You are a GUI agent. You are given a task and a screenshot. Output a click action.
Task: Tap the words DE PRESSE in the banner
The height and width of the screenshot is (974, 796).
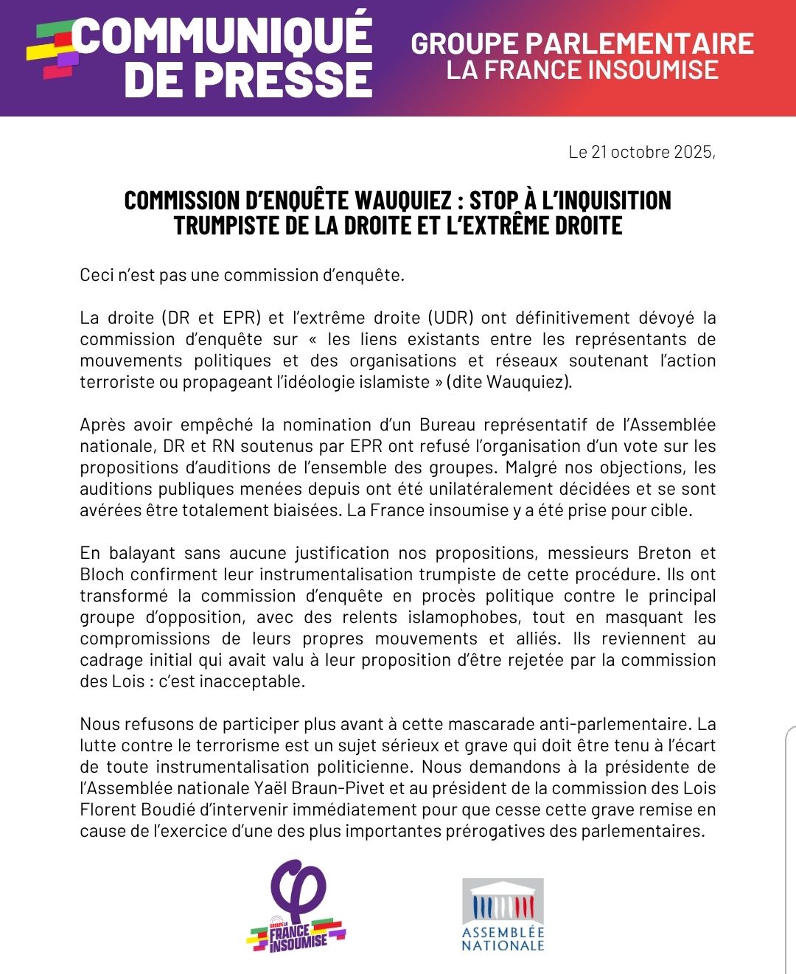click(x=248, y=80)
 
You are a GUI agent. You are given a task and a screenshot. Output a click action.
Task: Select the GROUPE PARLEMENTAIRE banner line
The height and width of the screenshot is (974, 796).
click(x=582, y=44)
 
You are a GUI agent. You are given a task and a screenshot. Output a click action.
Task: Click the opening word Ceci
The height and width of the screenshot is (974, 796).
click(x=97, y=276)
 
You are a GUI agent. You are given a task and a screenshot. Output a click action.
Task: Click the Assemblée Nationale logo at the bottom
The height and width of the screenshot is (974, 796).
click(x=503, y=914)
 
